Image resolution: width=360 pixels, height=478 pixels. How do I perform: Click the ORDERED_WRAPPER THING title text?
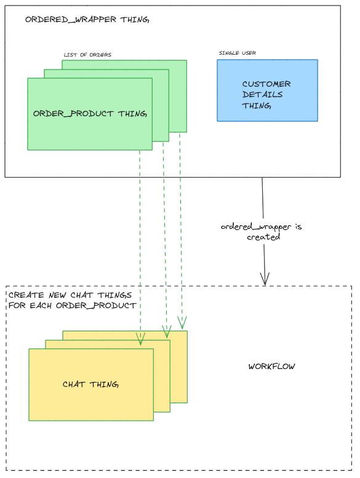pyautogui.click(x=87, y=20)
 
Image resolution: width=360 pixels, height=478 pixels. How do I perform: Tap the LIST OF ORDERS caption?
pyautogui.click(x=87, y=55)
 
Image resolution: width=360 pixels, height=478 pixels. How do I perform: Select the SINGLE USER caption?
pyautogui.click(x=238, y=53)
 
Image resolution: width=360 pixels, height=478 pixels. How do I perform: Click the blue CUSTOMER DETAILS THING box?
pyautogui.click(x=267, y=90)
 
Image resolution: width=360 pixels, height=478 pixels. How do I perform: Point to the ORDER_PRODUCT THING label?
pyautogui.click(x=90, y=114)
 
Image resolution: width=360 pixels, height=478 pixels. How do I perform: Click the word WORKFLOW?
pyautogui.click(x=271, y=367)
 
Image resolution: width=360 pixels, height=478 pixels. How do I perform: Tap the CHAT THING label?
pyautogui.click(x=90, y=384)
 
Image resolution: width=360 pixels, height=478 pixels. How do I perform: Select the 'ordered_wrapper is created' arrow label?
pyautogui.click(x=262, y=232)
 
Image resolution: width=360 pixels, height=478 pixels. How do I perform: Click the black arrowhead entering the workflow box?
pyautogui.click(x=265, y=279)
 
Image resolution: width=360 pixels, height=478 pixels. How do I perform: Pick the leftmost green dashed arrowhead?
pyautogui.click(x=140, y=340)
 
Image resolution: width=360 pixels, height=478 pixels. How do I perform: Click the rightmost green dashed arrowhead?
pyautogui.click(x=182, y=323)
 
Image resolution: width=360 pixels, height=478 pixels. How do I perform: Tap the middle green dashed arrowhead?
pyautogui.click(x=167, y=332)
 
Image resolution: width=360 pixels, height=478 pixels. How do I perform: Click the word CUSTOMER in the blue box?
pyautogui.click(x=266, y=84)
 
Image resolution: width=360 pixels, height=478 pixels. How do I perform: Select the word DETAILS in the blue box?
pyautogui.click(x=262, y=95)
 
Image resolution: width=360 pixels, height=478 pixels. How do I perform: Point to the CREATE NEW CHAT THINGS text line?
pyautogui.click(x=70, y=295)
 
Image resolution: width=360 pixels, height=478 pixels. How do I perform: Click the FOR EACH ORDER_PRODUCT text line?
pyautogui.click(x=72, y=306)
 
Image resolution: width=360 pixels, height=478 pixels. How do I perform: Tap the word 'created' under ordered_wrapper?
pyautogui.click(x=263, y=237)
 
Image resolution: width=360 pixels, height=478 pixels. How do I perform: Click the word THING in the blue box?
pyautogui.click(x=257, y=106)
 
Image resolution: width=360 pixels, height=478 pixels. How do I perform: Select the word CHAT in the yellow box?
pyautogui.click(x=73, y=384)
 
